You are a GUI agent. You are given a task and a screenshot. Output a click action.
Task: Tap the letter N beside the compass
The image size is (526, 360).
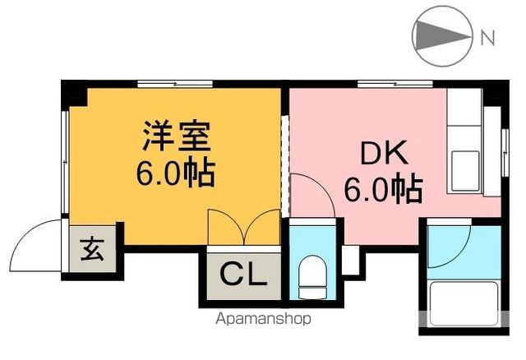point(487,37)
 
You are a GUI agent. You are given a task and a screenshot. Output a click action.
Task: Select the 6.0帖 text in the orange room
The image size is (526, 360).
point(175,173)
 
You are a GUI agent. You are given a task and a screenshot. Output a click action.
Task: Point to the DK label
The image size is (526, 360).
point(380,155)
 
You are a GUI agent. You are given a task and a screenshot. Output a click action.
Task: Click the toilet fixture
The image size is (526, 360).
point(311,276)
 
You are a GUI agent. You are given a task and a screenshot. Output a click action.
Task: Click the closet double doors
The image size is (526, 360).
point(244,226)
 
